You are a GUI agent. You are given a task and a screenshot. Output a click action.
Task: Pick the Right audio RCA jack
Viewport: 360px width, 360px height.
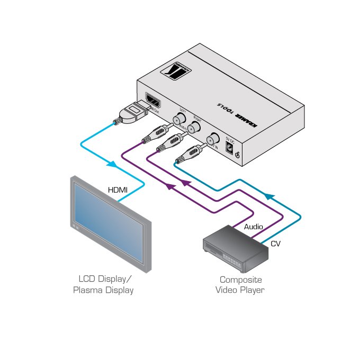195,127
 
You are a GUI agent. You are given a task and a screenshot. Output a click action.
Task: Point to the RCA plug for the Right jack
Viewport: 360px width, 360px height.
172,141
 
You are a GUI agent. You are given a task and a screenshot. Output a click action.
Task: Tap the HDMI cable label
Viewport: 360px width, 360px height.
118,190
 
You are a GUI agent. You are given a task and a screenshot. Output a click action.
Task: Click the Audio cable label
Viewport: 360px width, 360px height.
253,227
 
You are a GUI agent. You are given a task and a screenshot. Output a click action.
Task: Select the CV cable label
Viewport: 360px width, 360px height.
275,244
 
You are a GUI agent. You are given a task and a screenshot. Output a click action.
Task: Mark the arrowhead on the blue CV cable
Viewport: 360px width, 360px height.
269,196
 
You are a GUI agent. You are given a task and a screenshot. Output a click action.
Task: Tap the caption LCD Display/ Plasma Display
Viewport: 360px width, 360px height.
106,285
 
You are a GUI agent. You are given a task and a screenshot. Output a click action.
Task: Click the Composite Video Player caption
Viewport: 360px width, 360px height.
241,285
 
